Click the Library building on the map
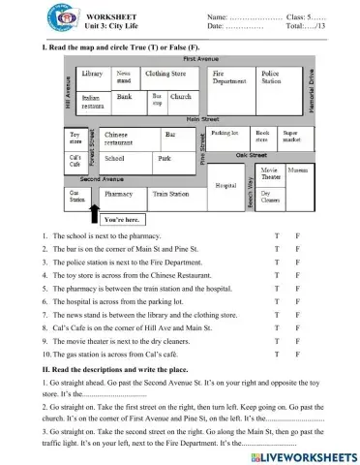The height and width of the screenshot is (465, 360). coord(93,76)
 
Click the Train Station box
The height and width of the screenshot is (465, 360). coord(171,194)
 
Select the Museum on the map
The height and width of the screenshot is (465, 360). coord(298,170)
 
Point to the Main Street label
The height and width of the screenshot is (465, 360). coord(204,118)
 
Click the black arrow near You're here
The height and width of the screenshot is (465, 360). coord(93,210)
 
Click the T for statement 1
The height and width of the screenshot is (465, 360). coord(277,236)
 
